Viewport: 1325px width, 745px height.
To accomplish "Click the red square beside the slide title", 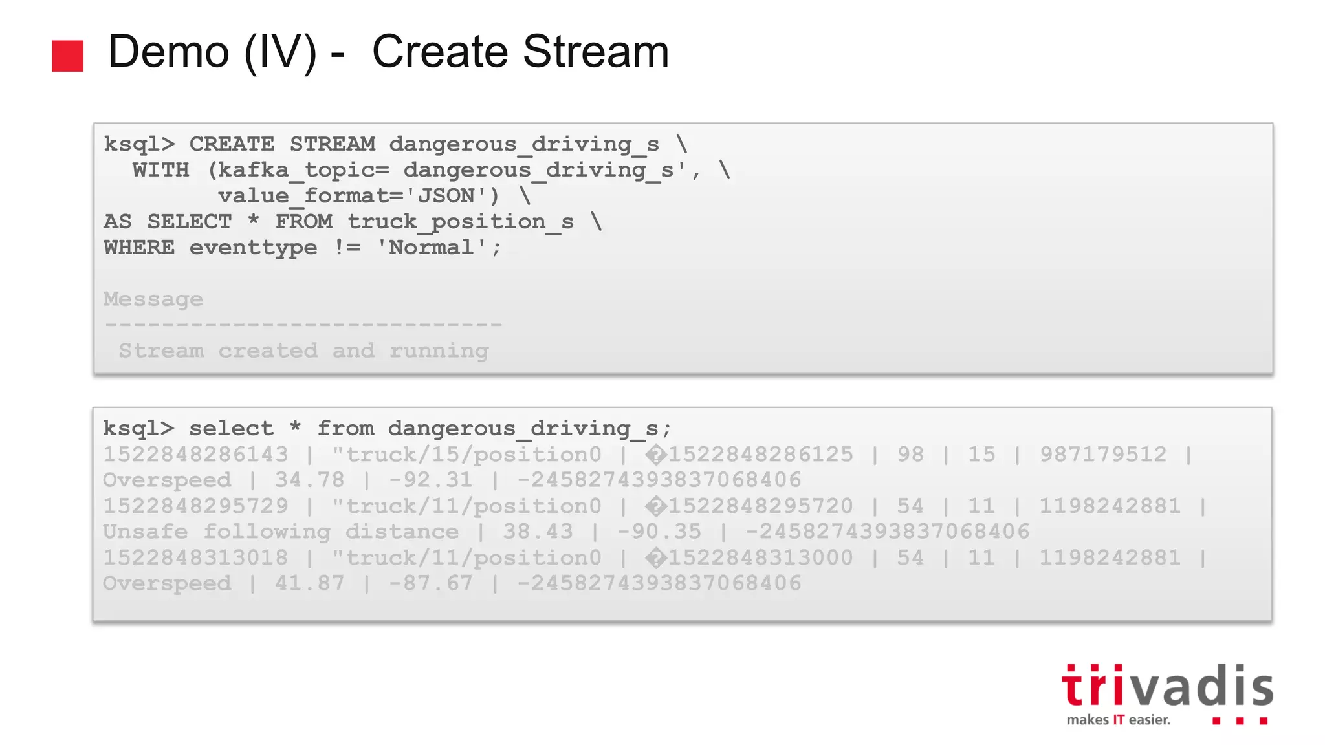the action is point(68,56).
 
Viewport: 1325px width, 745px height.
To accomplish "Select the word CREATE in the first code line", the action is point(232,144).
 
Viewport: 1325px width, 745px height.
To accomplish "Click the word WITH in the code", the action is point(161,170).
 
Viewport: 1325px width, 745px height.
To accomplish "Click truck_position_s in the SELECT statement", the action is point(460,222).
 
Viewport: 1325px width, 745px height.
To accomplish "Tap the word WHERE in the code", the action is point(139,248).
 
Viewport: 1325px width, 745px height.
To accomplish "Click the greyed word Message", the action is point(153,299).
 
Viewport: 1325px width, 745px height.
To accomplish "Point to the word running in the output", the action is point(439,351).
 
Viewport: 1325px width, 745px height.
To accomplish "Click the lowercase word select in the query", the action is point(231,428).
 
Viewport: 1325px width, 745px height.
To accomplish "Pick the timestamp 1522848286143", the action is point(195,454).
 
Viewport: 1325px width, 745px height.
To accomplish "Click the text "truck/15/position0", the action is point(467,454).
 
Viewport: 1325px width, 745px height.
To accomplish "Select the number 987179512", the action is point(1103,454).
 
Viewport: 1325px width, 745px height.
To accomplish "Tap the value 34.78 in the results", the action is point(309,480).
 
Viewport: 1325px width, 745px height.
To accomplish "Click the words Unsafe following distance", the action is point(281,532).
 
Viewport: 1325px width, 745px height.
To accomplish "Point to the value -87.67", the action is point(431,583).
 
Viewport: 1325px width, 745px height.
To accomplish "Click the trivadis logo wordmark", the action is point(1167,686).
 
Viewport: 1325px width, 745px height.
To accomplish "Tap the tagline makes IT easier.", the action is point(1119,720).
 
